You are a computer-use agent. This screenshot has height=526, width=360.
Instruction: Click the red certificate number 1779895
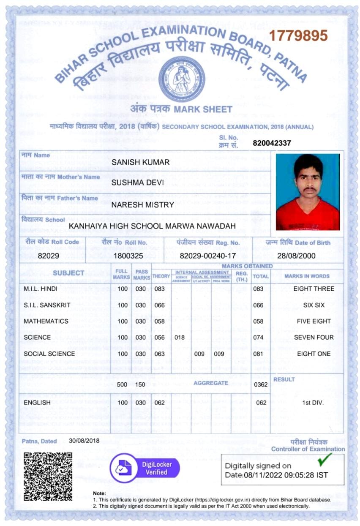point(299,35)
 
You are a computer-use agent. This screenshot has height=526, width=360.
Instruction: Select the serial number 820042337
point(272,143)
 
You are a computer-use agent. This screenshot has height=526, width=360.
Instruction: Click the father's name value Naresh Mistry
point(142,205)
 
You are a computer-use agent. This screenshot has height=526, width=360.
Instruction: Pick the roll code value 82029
point(47,256)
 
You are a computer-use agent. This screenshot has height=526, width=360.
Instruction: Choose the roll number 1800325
point(128,256)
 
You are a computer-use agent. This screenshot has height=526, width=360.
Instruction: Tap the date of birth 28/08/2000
point(296,256)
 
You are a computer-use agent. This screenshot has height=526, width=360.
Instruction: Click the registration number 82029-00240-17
point(208,256)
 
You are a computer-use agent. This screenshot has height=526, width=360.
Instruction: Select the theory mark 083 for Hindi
point(159,289)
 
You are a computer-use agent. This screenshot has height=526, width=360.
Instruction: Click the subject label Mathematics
point(46,321)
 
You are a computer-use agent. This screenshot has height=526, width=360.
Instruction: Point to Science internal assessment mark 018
point(180,338)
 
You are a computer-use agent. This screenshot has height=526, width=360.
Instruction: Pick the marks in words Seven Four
point(314,338)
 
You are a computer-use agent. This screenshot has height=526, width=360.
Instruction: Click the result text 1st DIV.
point(313,403)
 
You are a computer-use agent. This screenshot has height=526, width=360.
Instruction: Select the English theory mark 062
point(159,403)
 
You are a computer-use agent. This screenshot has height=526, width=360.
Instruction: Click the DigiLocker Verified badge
point(145,469)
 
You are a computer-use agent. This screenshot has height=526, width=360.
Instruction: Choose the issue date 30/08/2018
point(84,440)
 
